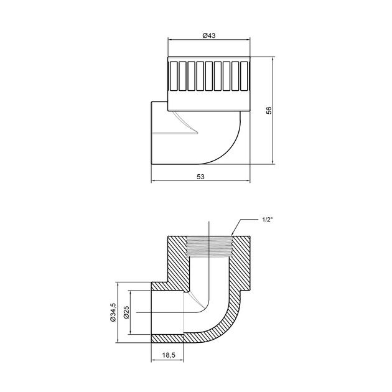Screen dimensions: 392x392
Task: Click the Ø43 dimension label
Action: [x=208, y=35]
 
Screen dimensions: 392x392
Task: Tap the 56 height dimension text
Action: [x=269, y=110]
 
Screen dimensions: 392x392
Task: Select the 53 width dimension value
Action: [x=200, y=177]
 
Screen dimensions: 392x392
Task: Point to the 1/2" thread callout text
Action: [x=267, y=220]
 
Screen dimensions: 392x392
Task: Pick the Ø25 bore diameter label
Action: [x=126, y=312]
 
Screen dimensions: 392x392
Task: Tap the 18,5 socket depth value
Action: [x=169, y=355]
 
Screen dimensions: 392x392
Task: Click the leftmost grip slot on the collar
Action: [x=174, y=76]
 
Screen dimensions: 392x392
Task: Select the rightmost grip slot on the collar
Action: [x=244, y=76]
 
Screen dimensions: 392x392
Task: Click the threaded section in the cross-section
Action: [x=209, y=247]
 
